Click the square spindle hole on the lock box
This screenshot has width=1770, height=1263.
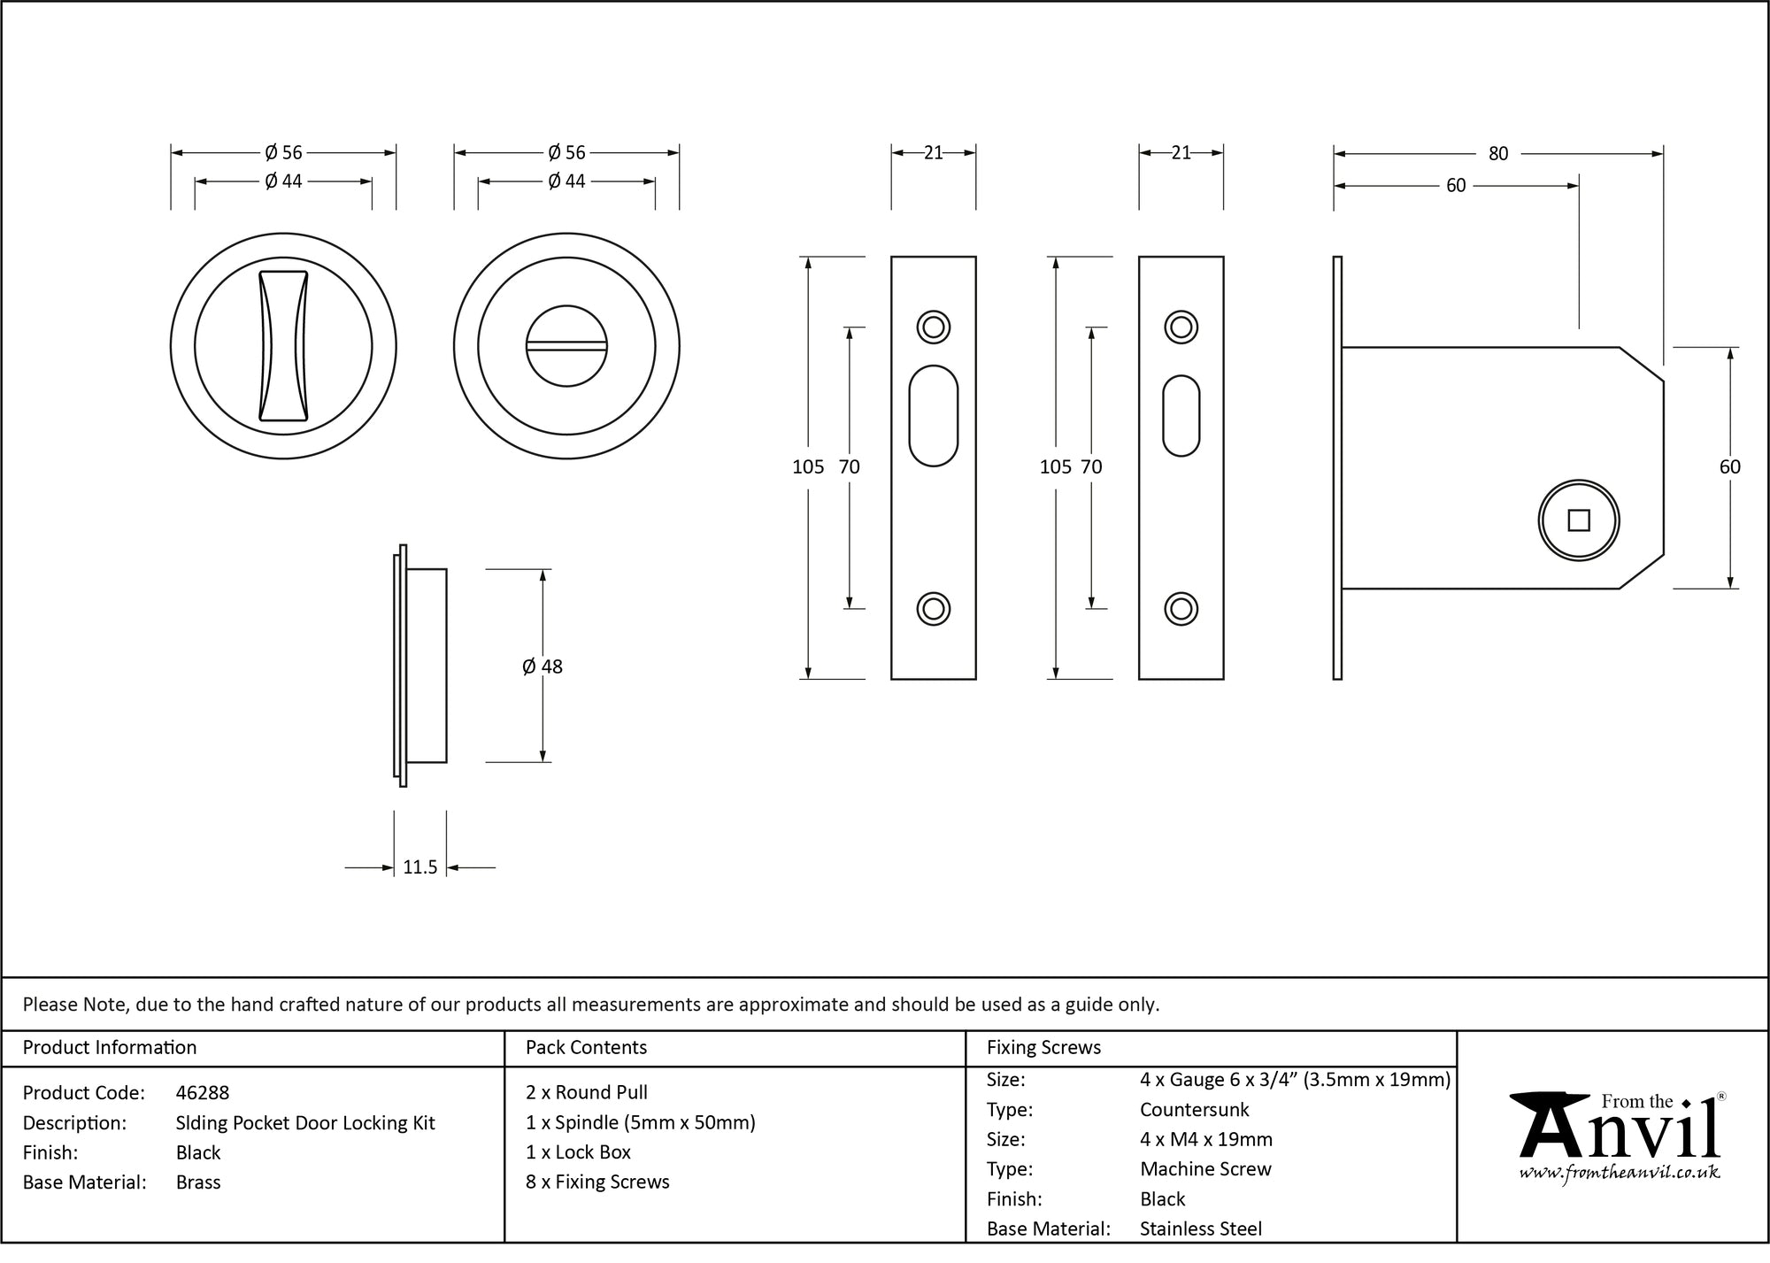(1579, 520)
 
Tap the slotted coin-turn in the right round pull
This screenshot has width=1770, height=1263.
(566, 346)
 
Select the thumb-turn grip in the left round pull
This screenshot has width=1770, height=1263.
(283, 345)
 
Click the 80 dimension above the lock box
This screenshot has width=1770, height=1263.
(1498, 154)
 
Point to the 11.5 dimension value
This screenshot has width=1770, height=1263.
(420, 867)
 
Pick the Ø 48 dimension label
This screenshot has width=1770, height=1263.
(543, 666)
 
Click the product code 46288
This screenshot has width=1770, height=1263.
(203, 1093)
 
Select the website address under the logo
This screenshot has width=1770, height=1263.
(1620, 1173)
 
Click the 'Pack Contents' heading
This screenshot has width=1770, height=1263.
(586, 1048)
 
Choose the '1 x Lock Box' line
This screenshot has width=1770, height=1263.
(578, 1152)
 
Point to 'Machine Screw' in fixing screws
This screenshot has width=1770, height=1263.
(1205, 1169)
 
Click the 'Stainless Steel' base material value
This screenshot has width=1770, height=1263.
(1201, 1228)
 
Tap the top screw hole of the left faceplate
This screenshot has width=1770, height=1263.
(933, 327)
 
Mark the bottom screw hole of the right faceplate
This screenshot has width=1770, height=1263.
(1181, 609)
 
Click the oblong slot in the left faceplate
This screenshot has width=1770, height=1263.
(933, 415)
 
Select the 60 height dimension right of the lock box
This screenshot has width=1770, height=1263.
(1729, 467)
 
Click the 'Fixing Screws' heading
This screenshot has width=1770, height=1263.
(1043, 1048)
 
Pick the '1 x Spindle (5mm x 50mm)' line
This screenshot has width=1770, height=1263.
(640, 1123)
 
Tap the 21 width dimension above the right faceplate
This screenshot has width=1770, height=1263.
(1181, 153)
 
